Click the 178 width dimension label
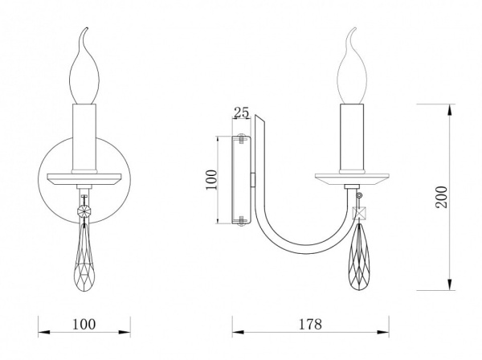point(310,324)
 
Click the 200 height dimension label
point(442,197)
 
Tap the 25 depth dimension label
point(241,112)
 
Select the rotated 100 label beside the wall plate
point(212,180)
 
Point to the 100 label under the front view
point(84,324)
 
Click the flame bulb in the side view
point(352,66)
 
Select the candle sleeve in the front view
point(84,138)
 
